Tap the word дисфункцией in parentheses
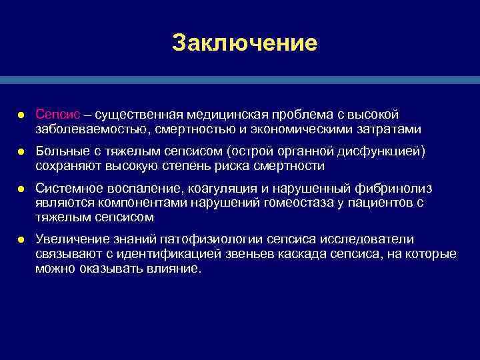(x=384, y=153)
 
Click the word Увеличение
(x=70, y=239)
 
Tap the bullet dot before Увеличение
(x=21, y=240)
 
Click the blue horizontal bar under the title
(x=240, y=79)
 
